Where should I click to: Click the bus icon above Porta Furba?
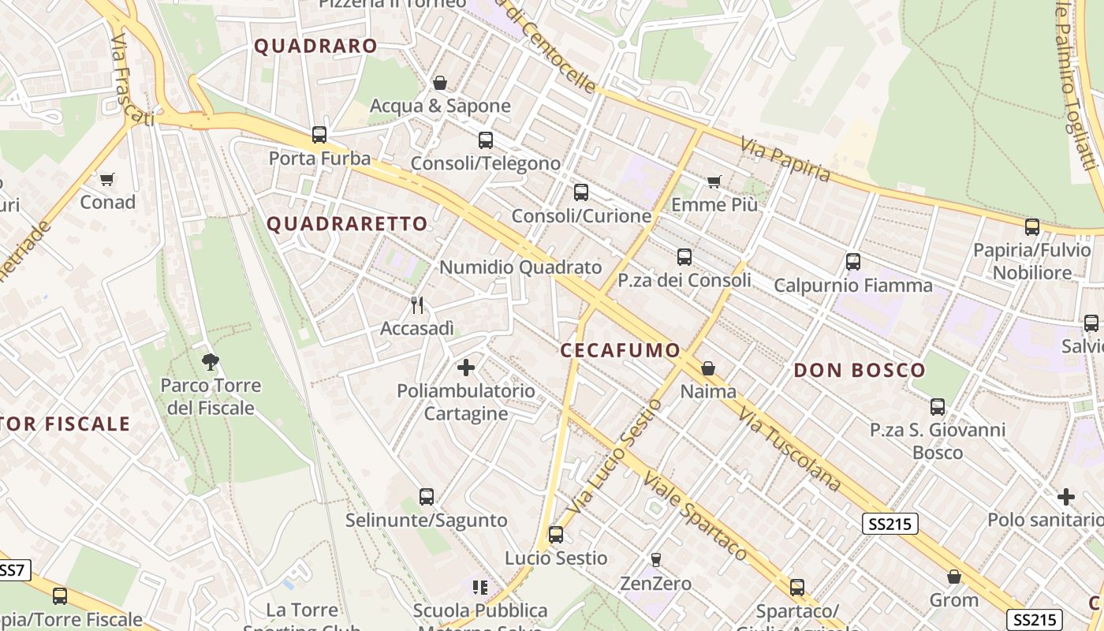click(x=319, y=135)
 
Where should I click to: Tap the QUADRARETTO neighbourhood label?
click(x=347, y=224)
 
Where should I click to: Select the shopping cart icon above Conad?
click(x=107, y=179)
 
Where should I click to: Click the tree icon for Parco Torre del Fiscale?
click(x=210, y=362)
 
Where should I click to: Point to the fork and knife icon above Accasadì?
click(x=417, y=304)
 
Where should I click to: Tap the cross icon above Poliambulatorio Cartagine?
click(x=466, y=368)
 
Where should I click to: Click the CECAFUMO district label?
click(x=620, y=350)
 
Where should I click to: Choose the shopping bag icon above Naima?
click(x=708, y=368)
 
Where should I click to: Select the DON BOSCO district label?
click(x=860, y=370)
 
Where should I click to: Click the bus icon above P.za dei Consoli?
click(x=684, y=257)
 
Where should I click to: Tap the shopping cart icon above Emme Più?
click(x=714, y=182)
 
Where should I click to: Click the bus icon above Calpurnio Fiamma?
click(x=852, y=262)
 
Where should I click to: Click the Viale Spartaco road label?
click(x=694, y=517)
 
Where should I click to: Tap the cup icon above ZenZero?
click(x=655, y=560)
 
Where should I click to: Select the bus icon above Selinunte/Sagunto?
click(x=427, y=497)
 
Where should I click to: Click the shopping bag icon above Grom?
click(x=954, y=577)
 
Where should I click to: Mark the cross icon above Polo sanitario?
click(x=1066, y=497)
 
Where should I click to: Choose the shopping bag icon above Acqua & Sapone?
click(x=440, y=83)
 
